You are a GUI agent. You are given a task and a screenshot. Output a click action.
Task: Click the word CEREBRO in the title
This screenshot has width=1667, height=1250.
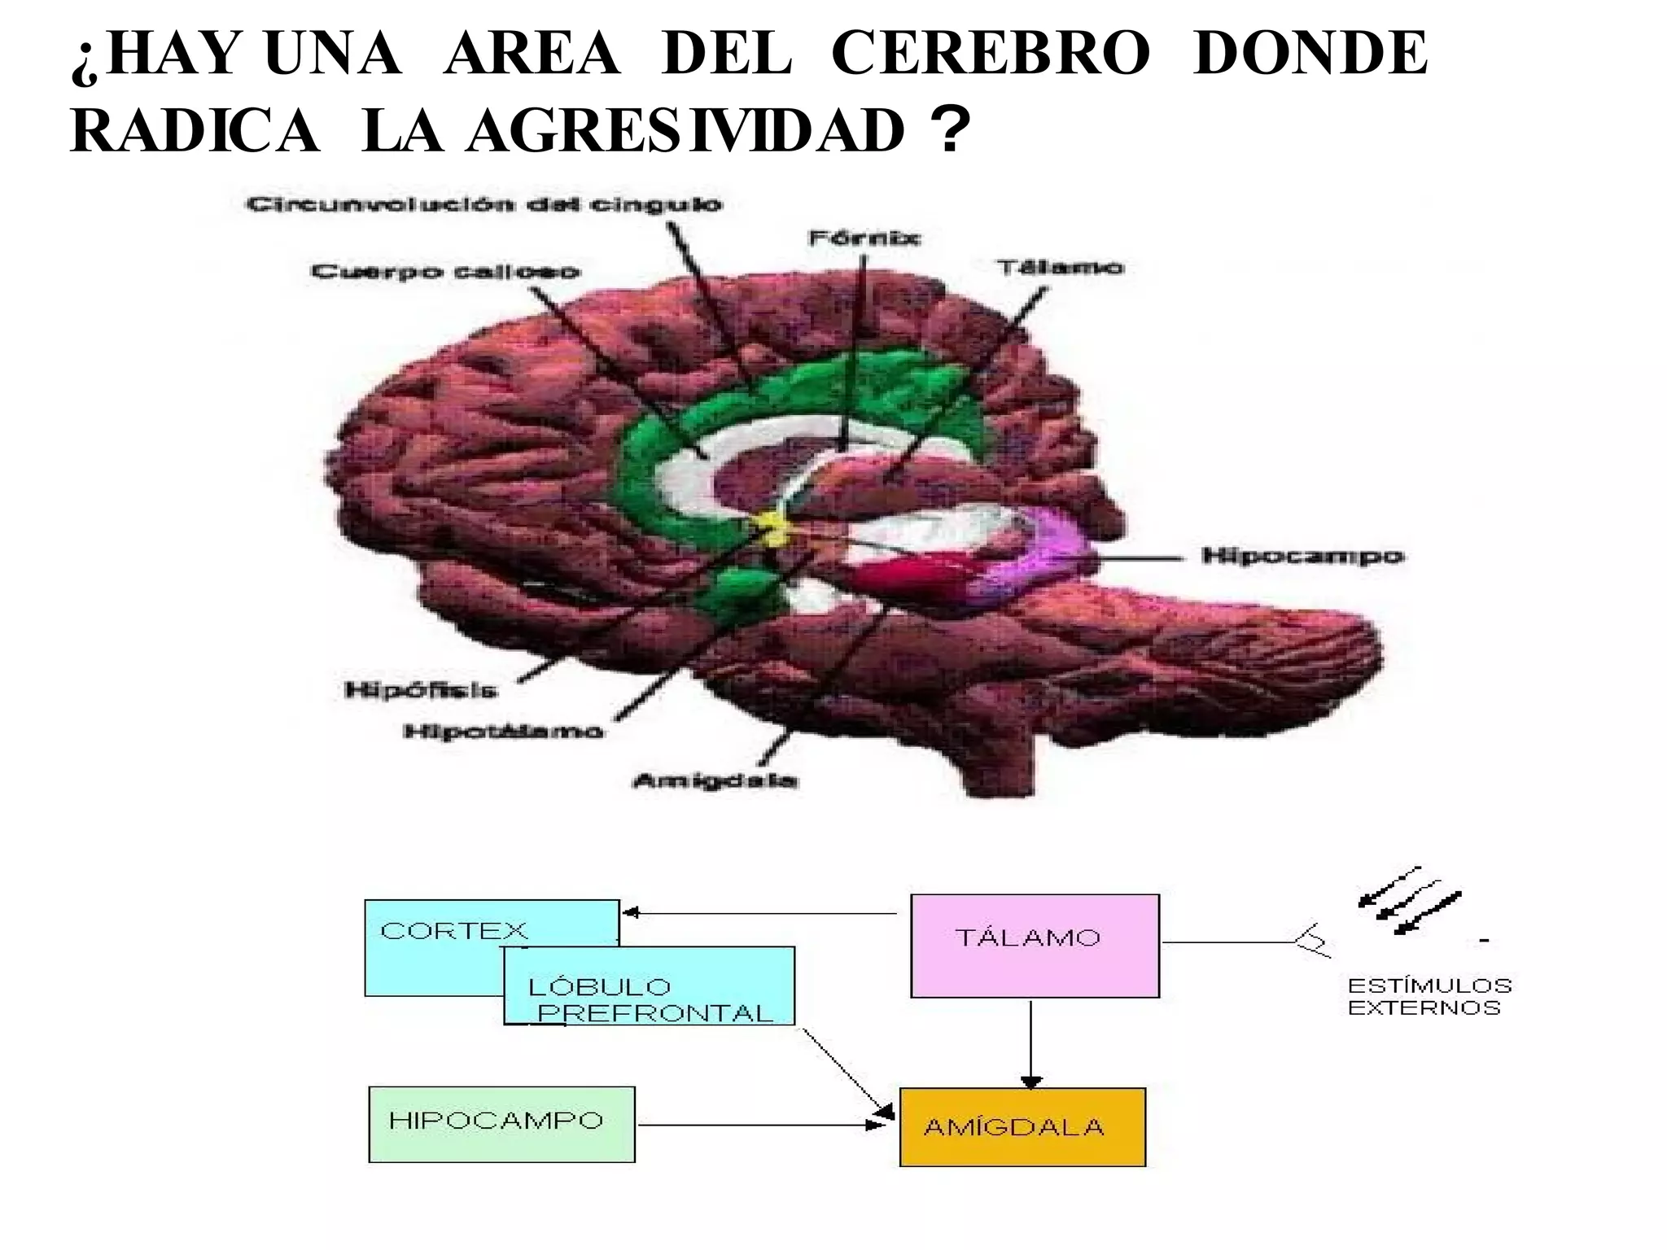pyautogui.click(x=990, y=54)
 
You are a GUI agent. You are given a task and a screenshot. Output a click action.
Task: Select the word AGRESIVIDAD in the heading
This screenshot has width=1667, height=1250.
pyautogui.click(x=685, y=131)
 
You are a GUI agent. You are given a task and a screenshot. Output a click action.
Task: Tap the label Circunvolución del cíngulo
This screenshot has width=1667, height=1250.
pyautogui.click(x=484, y=203)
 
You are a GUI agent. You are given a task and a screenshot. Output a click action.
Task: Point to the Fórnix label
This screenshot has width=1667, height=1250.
pyautogui.click(x=864, y=238)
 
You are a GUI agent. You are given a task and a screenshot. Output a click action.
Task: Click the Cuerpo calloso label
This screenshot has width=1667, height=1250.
pyautogui.click(x=445, y=271)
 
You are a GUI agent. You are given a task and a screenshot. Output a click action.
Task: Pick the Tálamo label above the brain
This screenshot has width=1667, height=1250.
pyautogui.click(x=1061, y=267)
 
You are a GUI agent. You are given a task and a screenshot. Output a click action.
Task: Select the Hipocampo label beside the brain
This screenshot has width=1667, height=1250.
pyautogui.click(x=1302, y=557)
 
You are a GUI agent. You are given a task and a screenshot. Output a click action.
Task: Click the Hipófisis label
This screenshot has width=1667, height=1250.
pyautogui.click(x=421, y=690)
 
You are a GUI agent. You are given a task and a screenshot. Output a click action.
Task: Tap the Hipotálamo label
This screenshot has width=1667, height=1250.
pyautogui.click(x=504, y=731)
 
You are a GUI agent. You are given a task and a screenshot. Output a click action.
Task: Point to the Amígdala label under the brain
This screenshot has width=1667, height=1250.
pyautogui.click(x=715, y=780)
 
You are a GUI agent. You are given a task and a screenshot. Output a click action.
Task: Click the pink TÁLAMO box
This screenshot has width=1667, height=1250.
pyautogui.click(x=1035, y=946)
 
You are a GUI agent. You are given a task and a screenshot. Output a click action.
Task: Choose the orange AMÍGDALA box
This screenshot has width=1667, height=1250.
pyautogui.click(x=1022, y=1127)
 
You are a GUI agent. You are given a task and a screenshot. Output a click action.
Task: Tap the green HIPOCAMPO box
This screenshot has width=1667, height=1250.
pyautogui.click(x=501, y=1124)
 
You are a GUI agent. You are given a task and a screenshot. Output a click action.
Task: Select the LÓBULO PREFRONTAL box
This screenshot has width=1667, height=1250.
pyautogui.click(x=650, y=986)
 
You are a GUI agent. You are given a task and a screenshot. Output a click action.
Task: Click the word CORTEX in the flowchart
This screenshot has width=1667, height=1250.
pyautogui.click(x=453, y=930)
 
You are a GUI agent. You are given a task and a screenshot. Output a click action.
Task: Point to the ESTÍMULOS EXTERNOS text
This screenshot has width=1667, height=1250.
pyautogui.click(x=1429, y=997)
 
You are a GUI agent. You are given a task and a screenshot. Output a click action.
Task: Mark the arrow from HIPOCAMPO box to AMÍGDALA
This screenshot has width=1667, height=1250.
pyautogui.click(x=757, y=1125)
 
